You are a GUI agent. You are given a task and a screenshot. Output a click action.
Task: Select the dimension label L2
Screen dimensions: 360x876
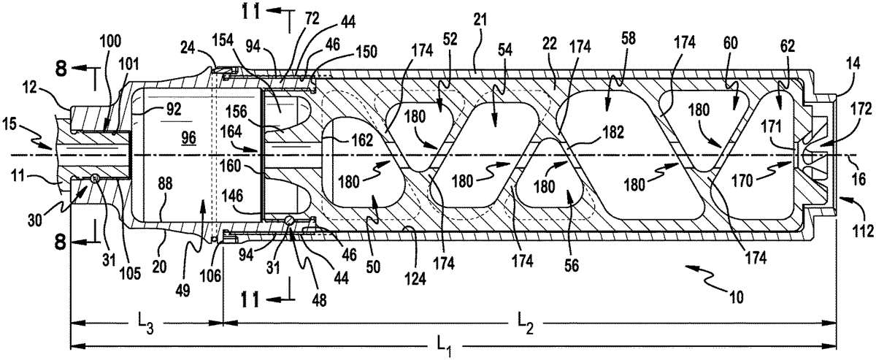point(526,319)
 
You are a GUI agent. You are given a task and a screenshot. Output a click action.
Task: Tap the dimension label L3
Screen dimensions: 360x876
point(145,319)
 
